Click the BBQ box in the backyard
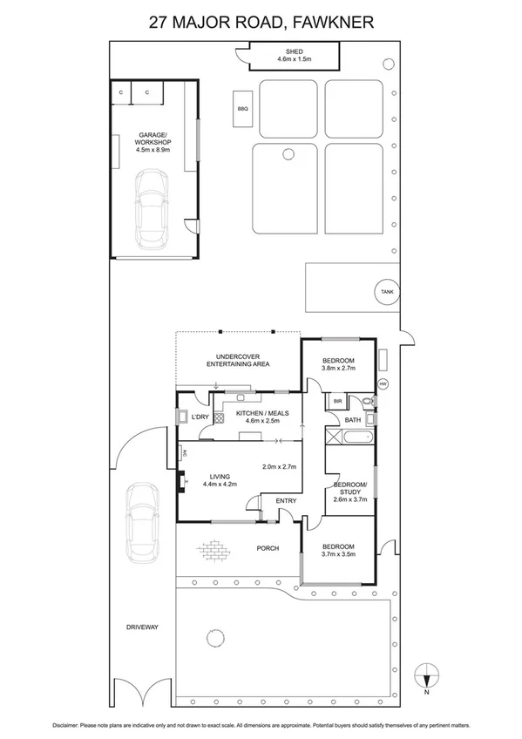[x=243, y=109]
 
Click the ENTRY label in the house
[x=286, y=500]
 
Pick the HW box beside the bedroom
[x=383, y=384]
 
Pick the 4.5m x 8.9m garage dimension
[x=153, y=150]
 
